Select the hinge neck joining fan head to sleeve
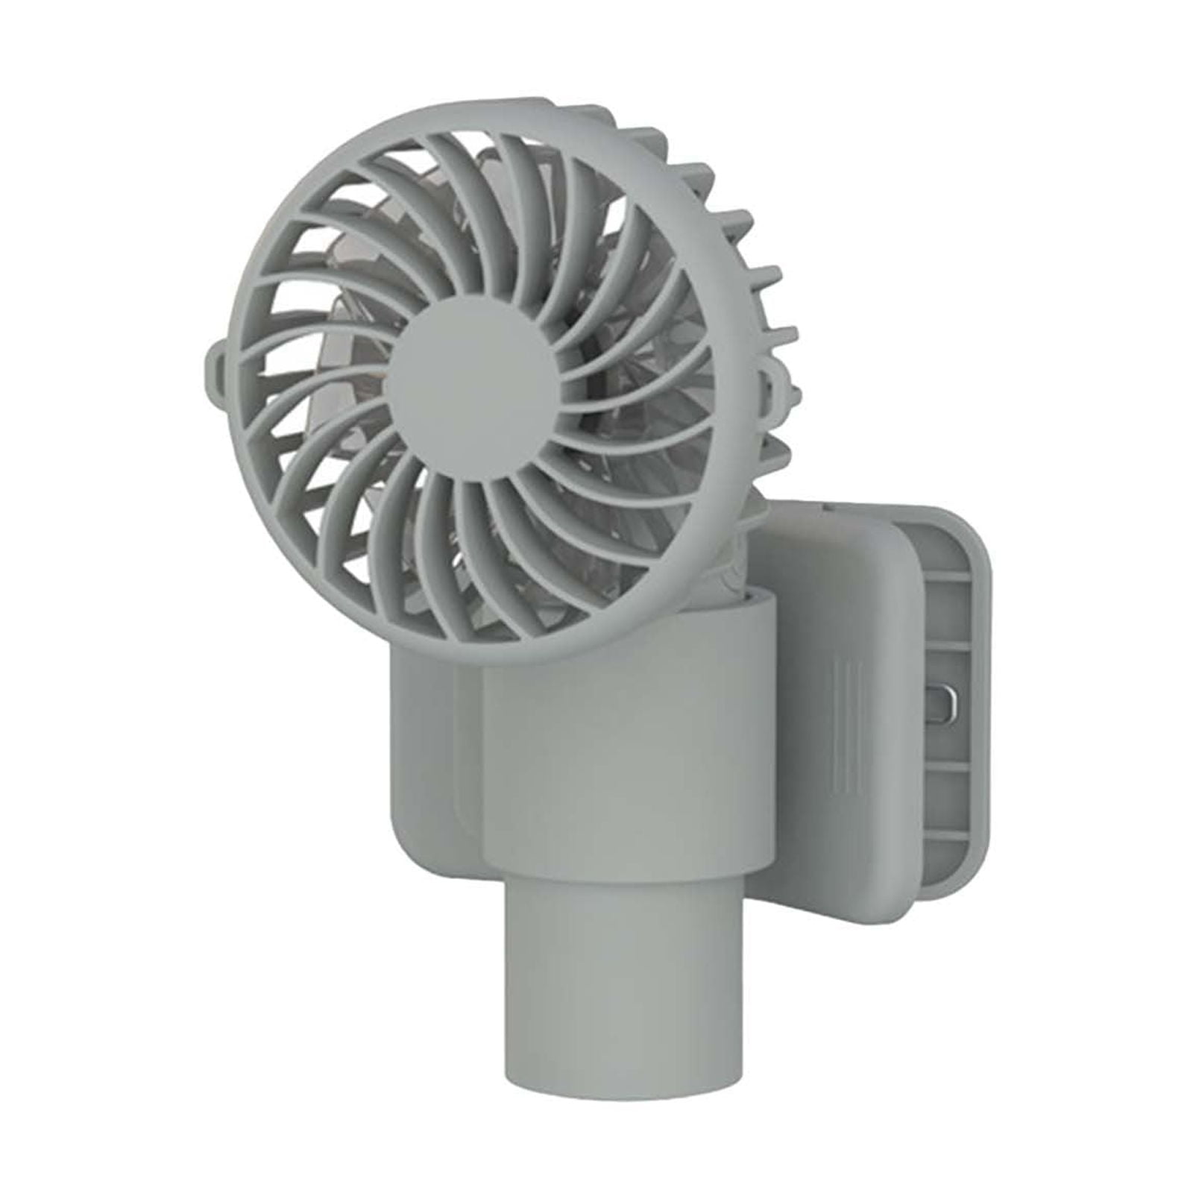[x=734, y=567]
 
